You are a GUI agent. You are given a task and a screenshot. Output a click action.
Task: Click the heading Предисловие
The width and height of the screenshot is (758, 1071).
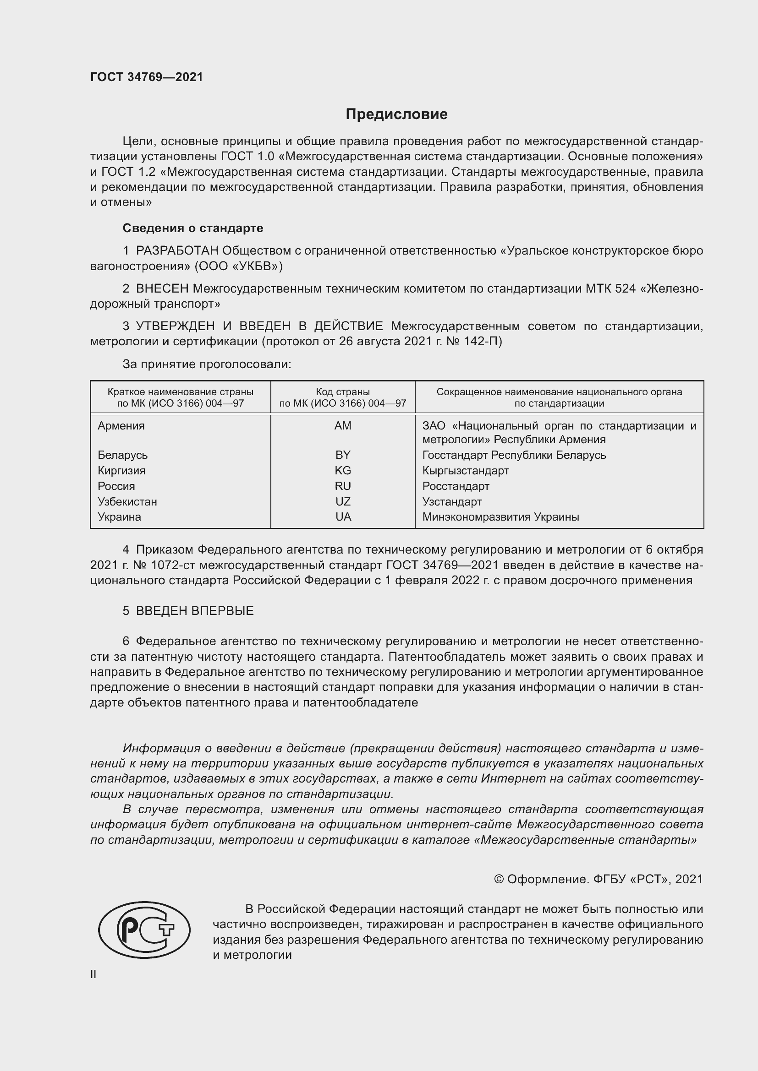pyautogui.click(x=396, y=114)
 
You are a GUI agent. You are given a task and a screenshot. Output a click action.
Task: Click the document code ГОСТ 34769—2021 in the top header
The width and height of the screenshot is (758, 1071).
pyautogui.click(x=147, y=77)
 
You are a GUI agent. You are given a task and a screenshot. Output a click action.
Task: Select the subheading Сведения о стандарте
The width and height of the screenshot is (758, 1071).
pyautogui.click(x=193, y=228)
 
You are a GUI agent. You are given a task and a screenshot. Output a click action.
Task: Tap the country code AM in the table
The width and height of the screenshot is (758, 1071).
pyautogui.click(x=343, y=425)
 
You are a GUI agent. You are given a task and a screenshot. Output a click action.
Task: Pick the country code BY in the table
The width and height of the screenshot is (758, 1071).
pyautogui.click(x=343, y=455)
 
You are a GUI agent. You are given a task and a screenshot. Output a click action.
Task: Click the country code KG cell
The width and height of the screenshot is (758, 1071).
pyautogui.click(x=343, y=470)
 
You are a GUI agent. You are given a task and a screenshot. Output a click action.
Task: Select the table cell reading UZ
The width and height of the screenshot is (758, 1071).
pyautogui.click(x=343, y=501)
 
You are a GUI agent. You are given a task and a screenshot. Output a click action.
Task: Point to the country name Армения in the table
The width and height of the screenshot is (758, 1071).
pyautogui.click(x=121, y=425)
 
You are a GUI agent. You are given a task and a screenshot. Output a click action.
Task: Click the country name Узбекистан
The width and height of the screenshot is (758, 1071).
pyautogui.click(x=127, y=501)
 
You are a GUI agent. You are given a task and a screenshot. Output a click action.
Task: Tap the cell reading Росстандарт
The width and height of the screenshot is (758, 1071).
pyautogui.click(x=456, y=486)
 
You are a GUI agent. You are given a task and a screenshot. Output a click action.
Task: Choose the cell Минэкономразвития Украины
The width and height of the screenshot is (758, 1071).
pyautogui.click(x=500, y=517)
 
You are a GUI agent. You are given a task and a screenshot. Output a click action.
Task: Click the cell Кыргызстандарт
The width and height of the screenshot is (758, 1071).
pyautogui.click(x=465, y=470)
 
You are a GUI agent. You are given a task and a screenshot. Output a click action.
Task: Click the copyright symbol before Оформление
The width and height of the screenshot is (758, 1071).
pyautogui.click(x=499, y=879)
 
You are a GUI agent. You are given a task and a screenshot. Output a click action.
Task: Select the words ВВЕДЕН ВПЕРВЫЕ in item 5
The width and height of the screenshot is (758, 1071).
pyautogui.click(x=195, y=611)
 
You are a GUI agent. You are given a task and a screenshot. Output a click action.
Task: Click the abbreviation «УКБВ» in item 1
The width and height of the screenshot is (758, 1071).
pyautogui.click(x=254, y=266)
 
